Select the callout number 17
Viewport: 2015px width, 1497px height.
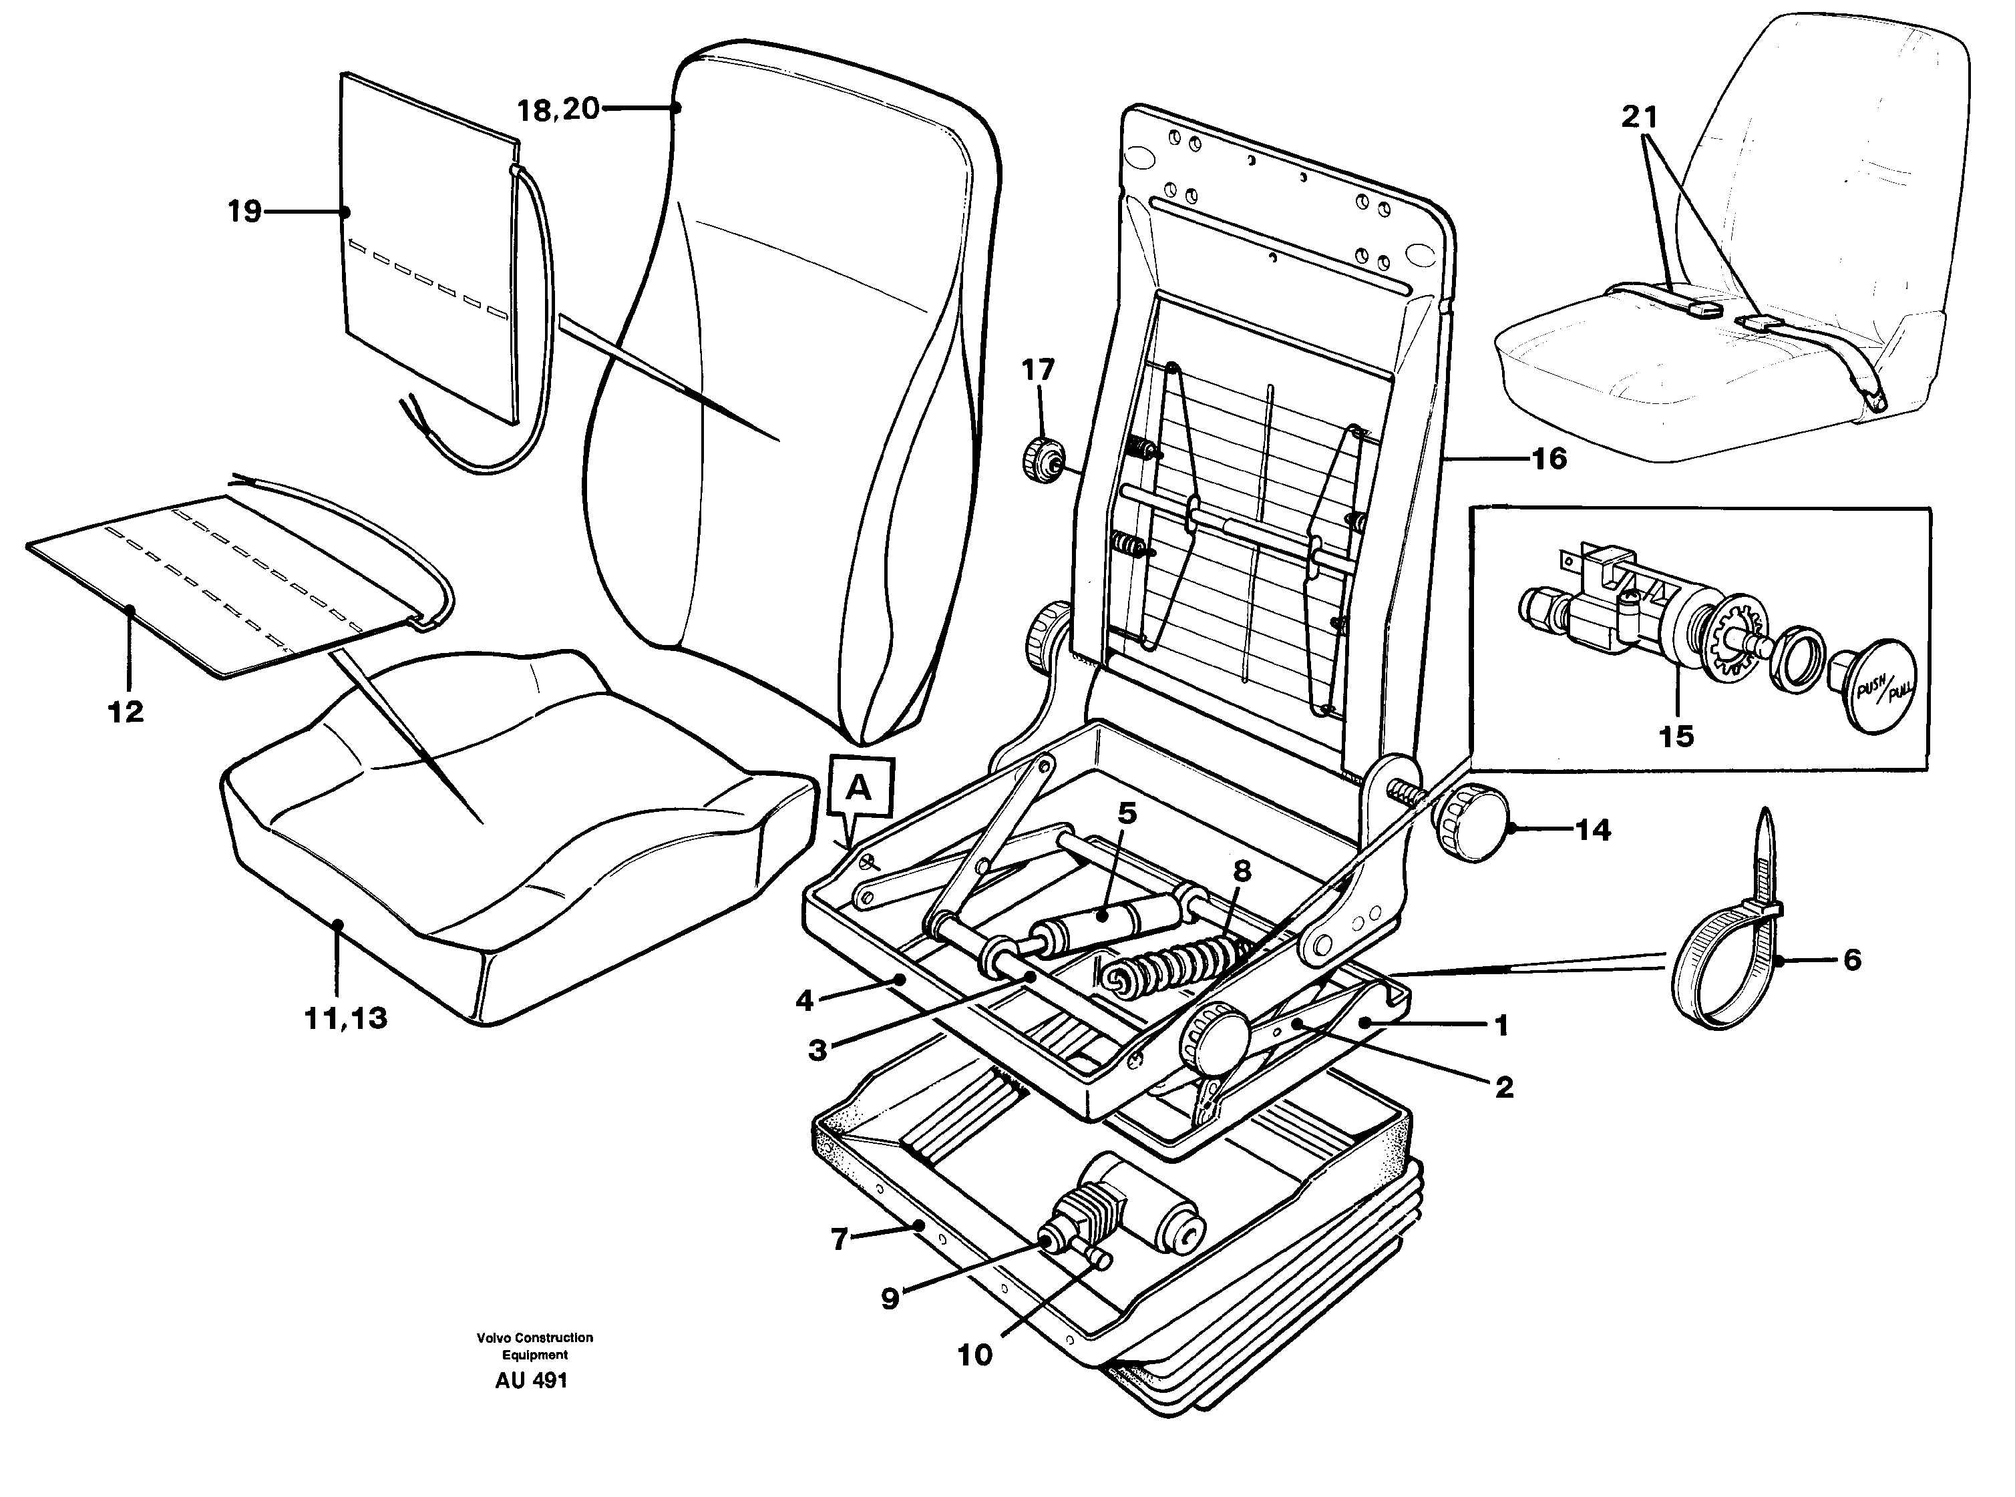(x=1038, y=370)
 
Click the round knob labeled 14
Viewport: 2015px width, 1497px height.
(x=1469, y=823)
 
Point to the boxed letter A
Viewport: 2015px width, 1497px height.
(x=860, y=789)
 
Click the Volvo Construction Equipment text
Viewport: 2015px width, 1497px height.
(x=535, y=1345)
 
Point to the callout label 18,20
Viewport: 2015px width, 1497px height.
(x=558, y=110)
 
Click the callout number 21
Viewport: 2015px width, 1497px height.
(x=1639, y=117)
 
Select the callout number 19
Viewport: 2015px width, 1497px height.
(x=244, y=212)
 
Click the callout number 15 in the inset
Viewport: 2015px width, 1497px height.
(x=1676, y=736)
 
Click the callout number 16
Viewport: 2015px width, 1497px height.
(x=1548, y=459)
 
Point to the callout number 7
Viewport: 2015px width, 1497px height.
(x=840, y=1239)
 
